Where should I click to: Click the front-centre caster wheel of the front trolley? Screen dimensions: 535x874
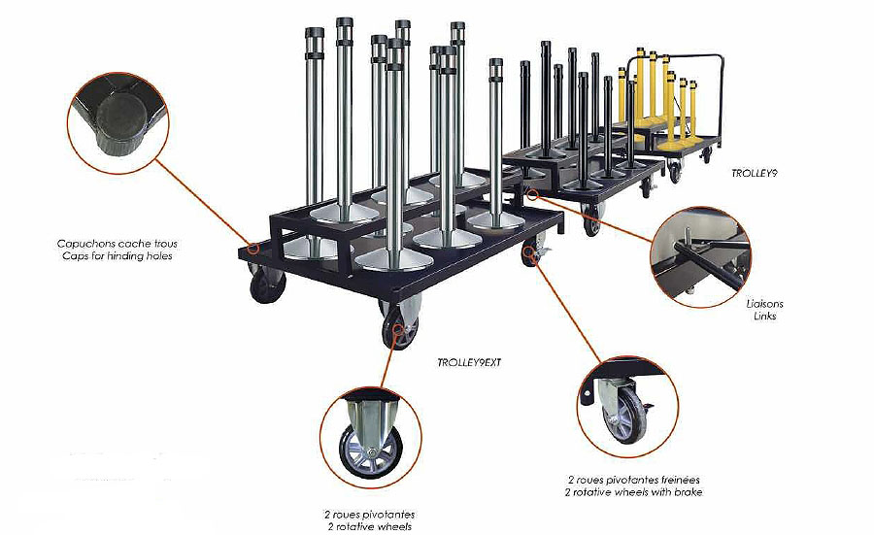point(398,324)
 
